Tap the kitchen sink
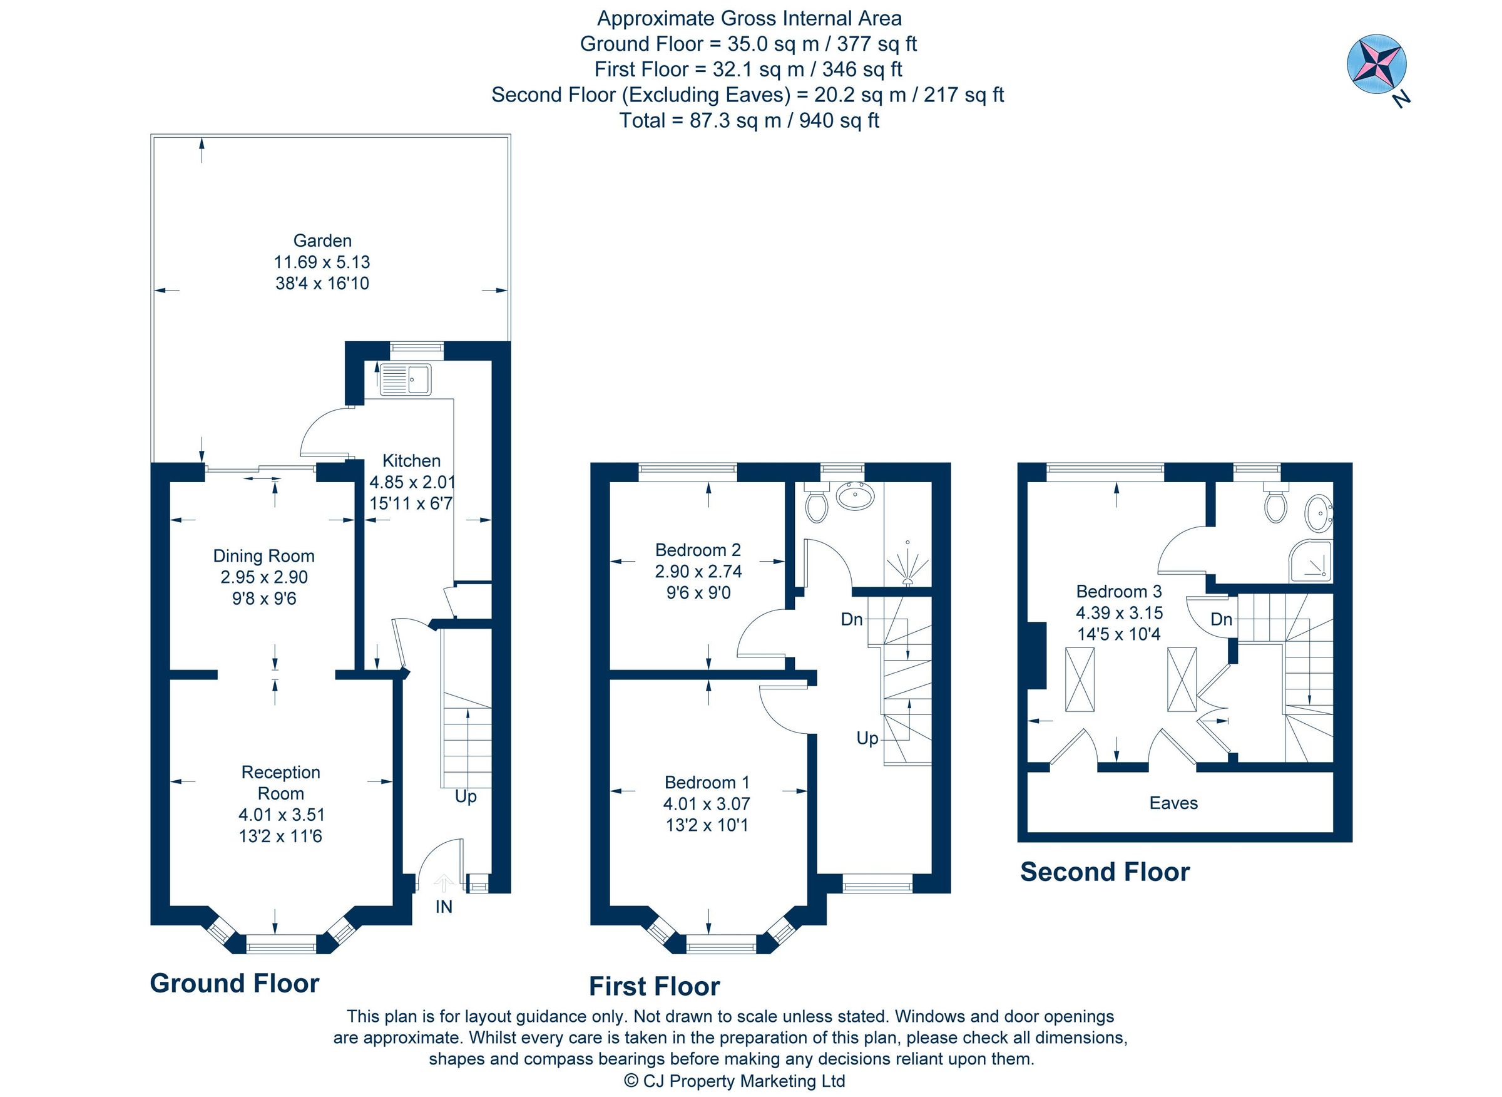click(x=405, y=380)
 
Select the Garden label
click(x=322, y=240)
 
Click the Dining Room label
click(x=263, y=556)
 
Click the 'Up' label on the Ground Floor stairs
click(x=465, y=796)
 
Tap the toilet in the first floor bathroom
click(x=816, y=503)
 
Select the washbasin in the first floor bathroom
click(x=855, y=495)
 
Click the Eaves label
click(x=1173, y=803)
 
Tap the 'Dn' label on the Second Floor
click(x=1221, y=619)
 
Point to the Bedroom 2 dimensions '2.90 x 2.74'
click(x=698, y=571)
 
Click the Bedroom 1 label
click(x=707, y=782)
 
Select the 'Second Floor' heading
click(x=1105, y=872)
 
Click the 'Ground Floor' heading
click(x=234, y=984)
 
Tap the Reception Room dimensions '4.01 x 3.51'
click(x=282, y=815)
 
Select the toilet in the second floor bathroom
click(x=1275, y=503)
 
